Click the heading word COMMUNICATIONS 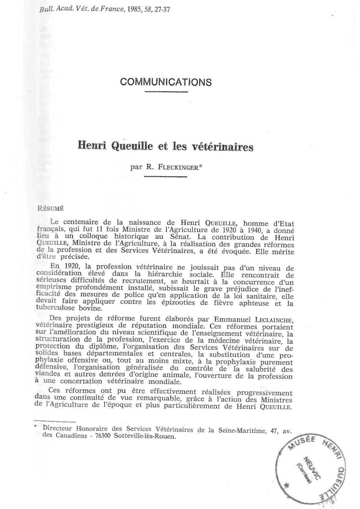pos(166,82)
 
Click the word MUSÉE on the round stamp pos(300,444)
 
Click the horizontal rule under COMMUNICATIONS pos(166,92)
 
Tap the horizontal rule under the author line pos(166,177)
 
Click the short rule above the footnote pos(55,421)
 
